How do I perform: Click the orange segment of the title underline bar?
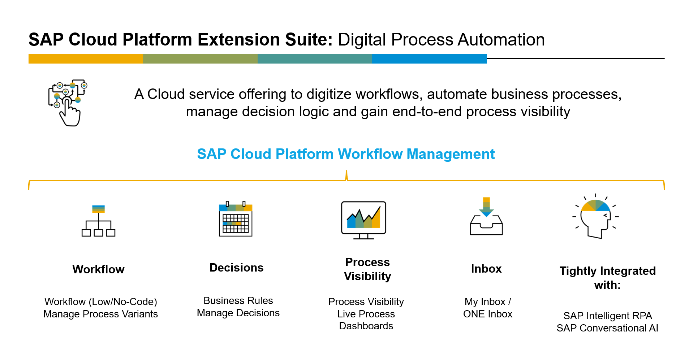tap(86, 58)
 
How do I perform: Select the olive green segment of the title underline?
tap(200, 58)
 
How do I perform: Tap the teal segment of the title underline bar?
tap(315, 58)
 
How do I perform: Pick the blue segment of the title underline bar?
tap(430, 58)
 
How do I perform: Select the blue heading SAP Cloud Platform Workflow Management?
tap(346, 154)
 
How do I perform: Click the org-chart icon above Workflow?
tap(98, 221)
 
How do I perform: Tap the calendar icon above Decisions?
tap(236, 219)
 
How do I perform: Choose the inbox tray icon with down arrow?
tap(486, 216)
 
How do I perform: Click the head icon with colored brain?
tap(595, 216)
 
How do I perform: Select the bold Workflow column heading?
tap(98, 269)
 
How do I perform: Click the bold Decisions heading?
tap(236, 268)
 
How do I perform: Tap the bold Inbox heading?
tap(486, 269)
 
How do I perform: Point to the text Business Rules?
tap(238, 300)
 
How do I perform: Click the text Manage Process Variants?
tap(100, 314)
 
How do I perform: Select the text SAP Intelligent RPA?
tap(608, 316)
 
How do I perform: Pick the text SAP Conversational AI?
tap(607, 328)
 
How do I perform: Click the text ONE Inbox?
tap(488, 314)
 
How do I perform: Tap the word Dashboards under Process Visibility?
tap(366, 326)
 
